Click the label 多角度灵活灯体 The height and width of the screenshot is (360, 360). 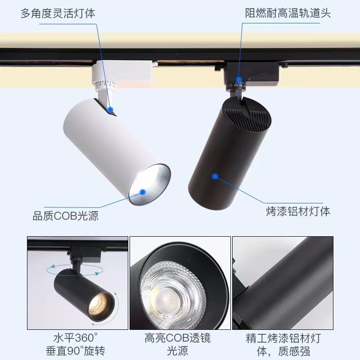58,13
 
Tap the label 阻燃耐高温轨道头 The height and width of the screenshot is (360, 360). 288,13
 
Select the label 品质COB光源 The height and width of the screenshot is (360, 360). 66,216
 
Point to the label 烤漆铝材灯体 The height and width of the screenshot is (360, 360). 298,211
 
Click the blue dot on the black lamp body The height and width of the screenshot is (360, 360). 215,176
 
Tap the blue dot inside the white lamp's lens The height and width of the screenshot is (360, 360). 143,192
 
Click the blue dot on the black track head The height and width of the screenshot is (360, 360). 239,80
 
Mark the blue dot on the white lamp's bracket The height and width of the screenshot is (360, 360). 111,109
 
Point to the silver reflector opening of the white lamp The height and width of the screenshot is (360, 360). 150,184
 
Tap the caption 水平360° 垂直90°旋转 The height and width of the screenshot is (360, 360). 76,344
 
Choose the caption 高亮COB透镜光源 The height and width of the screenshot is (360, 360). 177,344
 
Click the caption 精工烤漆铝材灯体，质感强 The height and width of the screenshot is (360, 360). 283,345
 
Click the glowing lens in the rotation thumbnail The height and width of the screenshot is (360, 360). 98,303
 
